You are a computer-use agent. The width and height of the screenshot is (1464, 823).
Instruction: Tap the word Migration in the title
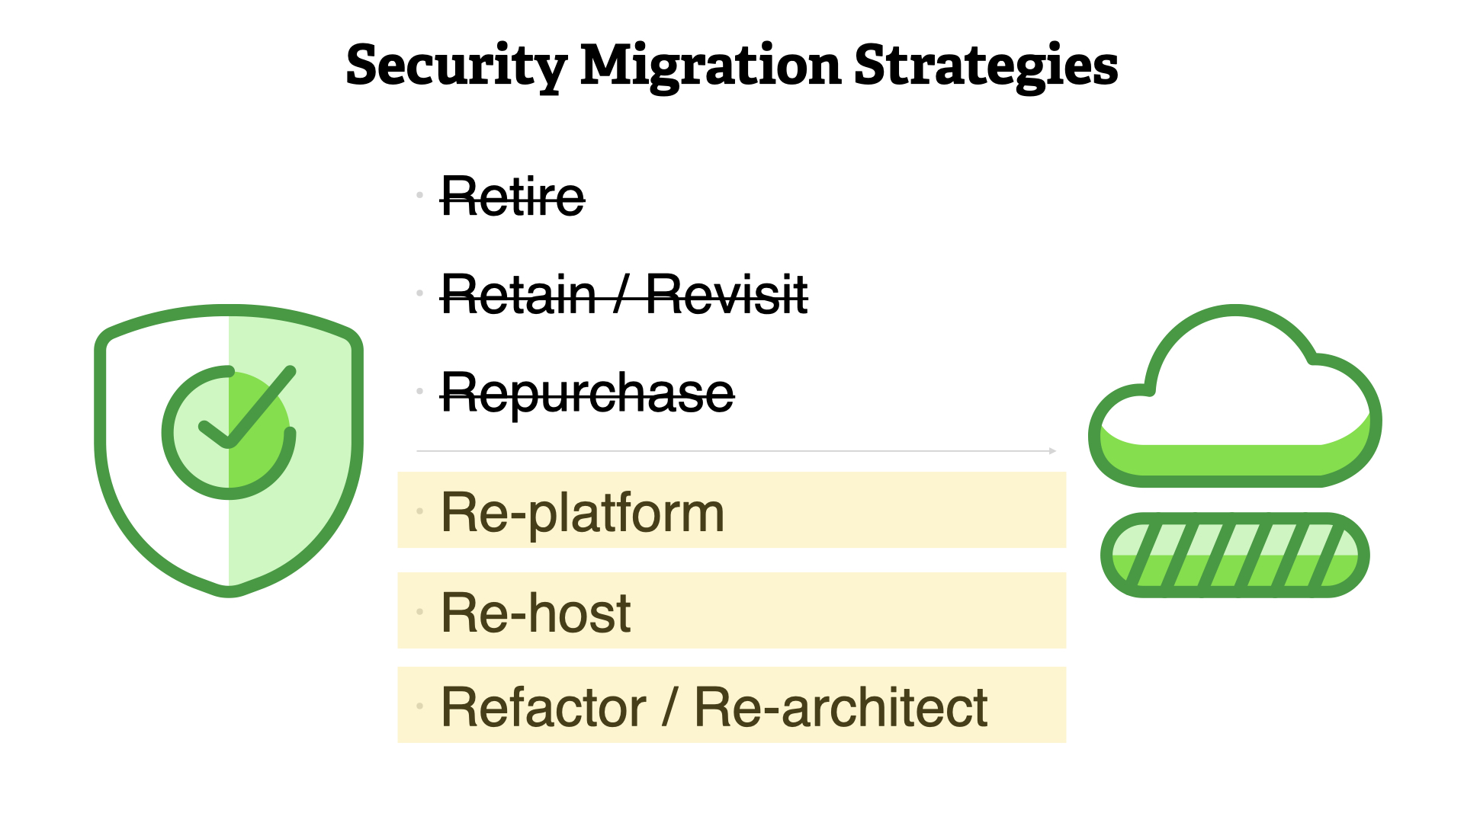(x=711, y=66)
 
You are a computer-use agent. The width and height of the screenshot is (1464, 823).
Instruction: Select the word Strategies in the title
(x=986, y=66)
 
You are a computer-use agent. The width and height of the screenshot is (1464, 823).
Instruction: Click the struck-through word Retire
(x=512, y=197)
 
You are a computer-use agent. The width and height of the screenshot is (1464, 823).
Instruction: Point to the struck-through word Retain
(x=518, y=294)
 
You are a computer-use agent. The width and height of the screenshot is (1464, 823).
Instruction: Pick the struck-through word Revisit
(x=727, y=294)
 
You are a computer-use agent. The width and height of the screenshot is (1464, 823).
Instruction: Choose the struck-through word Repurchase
(x=587, y=394)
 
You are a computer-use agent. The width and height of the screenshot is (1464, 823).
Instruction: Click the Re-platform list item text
(x=583, y=513)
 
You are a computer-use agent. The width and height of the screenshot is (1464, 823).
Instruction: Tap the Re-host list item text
(x=535, y=612)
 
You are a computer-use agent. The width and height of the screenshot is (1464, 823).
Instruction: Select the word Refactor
(x=544, y=707)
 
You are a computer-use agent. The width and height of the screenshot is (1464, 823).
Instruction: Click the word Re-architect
(x=841, y=707)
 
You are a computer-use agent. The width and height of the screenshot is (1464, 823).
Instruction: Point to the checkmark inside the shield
(x=246, y=408)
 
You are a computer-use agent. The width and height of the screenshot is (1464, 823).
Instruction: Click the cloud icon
(x=1234, y=396)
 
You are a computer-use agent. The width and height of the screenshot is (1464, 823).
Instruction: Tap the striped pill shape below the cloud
(x=1234, y=555)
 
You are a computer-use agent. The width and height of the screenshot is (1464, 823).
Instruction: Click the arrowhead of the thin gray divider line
(x=1053, y=451)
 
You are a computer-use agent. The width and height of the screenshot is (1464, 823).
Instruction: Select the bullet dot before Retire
(x=419, y=195)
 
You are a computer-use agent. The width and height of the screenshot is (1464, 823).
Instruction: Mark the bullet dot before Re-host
(x=419, y=611)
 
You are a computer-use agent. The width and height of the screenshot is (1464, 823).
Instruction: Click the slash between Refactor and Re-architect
(x=669, y=706)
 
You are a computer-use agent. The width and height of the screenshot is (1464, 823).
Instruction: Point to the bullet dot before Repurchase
(x=419, y=391)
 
